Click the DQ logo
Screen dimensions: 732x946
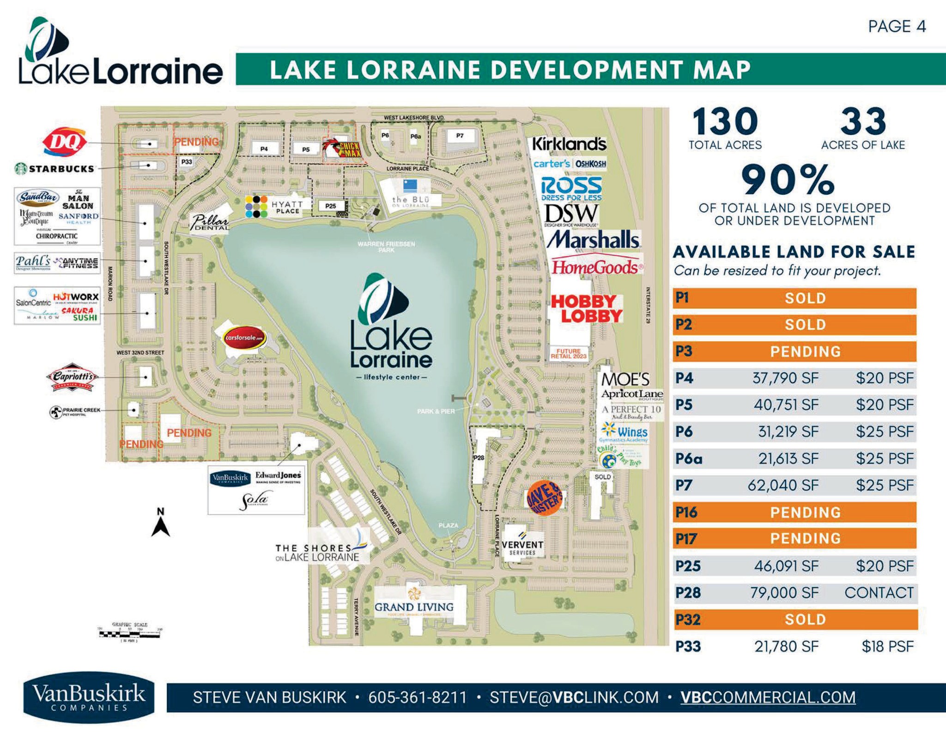click(x=65, y=141)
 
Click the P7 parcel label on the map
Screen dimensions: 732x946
click(x=460, y=135)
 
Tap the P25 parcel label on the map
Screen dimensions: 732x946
click(x=330, y=206)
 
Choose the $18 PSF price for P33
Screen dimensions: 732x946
click(x=887, y=646)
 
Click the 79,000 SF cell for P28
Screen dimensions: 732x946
click(x=784, y=592)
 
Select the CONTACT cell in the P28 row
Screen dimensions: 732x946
click(x=879, y=592)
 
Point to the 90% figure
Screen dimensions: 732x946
click(x=788, y=180)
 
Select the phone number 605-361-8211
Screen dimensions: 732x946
click(x=418, y=697)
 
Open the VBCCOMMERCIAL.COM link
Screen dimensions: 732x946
click(x=768, y=697)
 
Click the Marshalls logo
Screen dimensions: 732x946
click(x=594, y=240)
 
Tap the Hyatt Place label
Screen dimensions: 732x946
click(x=287, y=207)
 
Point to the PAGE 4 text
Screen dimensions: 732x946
click(x=897, y=26)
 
